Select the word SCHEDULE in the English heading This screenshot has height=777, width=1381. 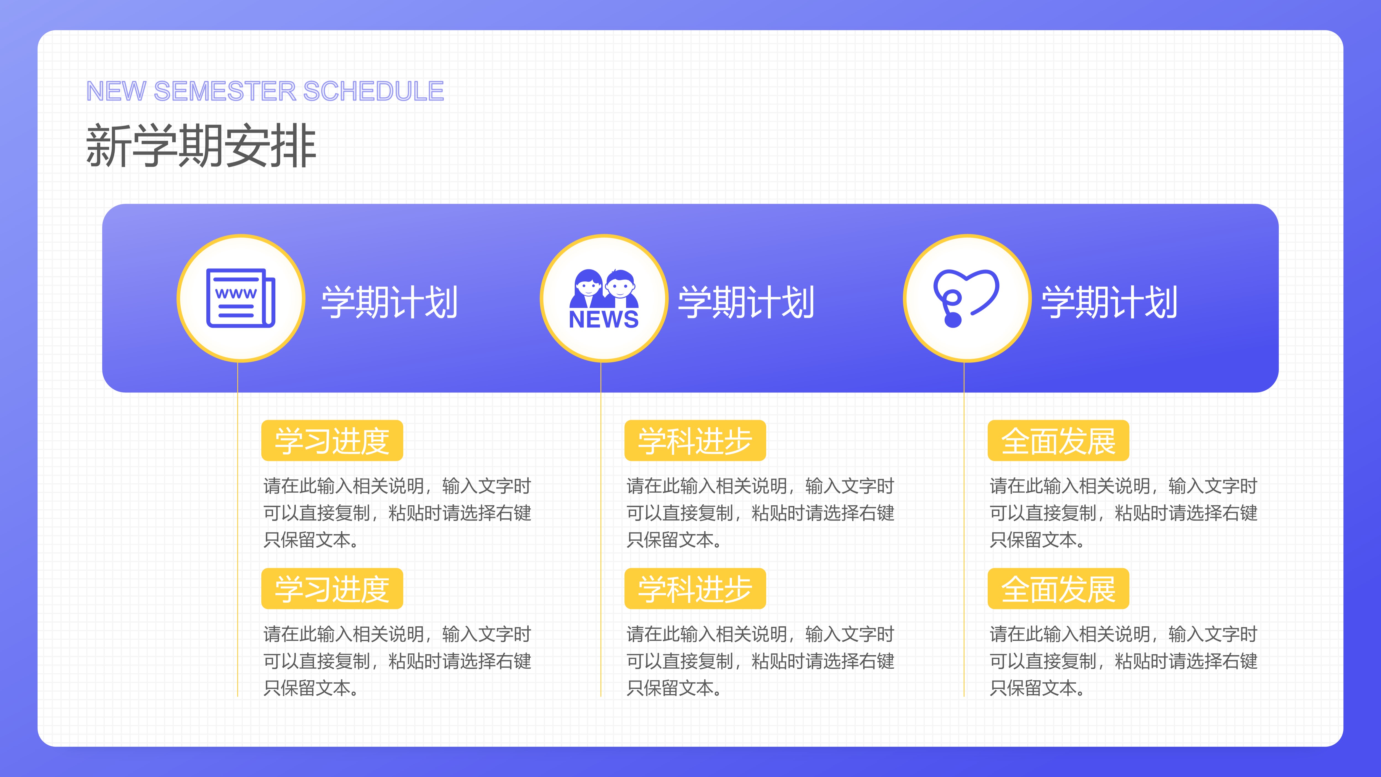pyautogui.click(x=374, y=91)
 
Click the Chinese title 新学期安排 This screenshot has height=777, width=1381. pyautogui.click(x=201, y=146)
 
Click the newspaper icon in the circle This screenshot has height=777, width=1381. pyautogui.click(x=241, y=298)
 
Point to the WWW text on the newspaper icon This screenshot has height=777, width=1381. pyautogui.click(x=236, y=293)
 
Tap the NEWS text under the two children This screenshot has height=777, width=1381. pyautogui.click(x=604, y=320)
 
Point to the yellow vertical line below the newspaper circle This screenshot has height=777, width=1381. pyautogui.click(x=238, y=529)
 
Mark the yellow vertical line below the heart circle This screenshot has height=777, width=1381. pyautogui.click(x=964, y=529)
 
